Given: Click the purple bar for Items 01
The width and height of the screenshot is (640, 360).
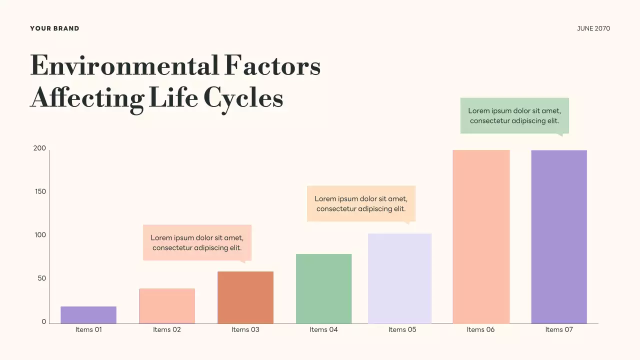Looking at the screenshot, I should tap(88, 315).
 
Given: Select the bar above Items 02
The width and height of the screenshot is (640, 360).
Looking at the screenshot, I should tap(167, 306).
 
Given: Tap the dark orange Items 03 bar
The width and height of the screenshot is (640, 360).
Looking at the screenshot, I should tap(245, 297).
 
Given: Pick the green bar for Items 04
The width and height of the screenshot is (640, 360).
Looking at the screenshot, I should tap(323, 288).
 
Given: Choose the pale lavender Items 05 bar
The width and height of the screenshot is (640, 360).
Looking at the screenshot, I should tap(399, 278).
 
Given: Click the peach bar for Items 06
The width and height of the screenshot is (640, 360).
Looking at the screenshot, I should tap(481, 236).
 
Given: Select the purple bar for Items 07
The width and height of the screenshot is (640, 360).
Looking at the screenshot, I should tap(559, 236).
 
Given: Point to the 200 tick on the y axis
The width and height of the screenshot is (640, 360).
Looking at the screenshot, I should tap(39, 148).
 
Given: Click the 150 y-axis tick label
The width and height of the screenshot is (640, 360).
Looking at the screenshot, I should tap(39, 191).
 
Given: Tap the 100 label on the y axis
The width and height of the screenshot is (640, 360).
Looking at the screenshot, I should tap(39, 235).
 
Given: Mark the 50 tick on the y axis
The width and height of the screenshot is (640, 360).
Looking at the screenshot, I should tap(41, 278).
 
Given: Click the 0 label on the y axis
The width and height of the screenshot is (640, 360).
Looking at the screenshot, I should tap(43, 322).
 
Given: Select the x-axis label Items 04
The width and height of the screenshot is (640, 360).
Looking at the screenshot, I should tap(323, 329).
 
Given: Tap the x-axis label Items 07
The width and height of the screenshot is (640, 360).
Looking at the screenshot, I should tap(559, 329).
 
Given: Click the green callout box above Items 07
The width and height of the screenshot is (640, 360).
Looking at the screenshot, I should tap(514, 115).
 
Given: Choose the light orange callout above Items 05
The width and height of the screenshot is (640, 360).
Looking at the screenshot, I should tap(361, 203).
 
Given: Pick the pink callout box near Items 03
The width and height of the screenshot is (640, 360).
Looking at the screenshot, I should tap(197, 242).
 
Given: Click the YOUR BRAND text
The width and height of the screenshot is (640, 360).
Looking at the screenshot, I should tap(54, 28).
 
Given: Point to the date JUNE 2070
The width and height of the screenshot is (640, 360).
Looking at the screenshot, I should tap(593, 28).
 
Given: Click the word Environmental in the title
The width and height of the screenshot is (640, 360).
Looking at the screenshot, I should tap(124, 66).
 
